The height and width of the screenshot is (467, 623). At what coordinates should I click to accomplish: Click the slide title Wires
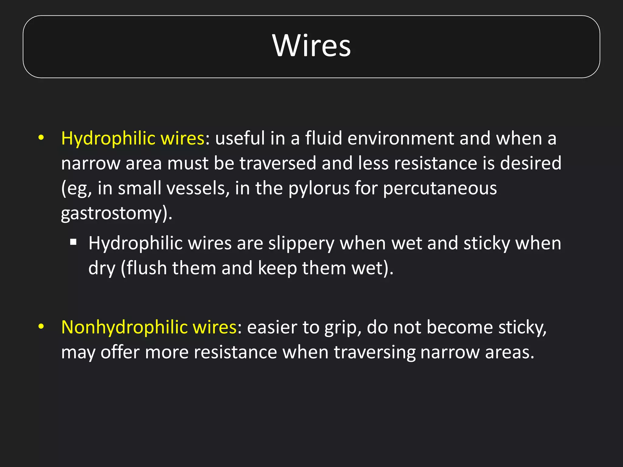tap(311, 46)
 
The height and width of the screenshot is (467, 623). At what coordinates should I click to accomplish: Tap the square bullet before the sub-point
tap(73, 242)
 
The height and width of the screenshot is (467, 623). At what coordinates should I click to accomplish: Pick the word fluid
tap(323, 139)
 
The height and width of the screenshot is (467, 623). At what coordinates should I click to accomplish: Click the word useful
tap(240, 139)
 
